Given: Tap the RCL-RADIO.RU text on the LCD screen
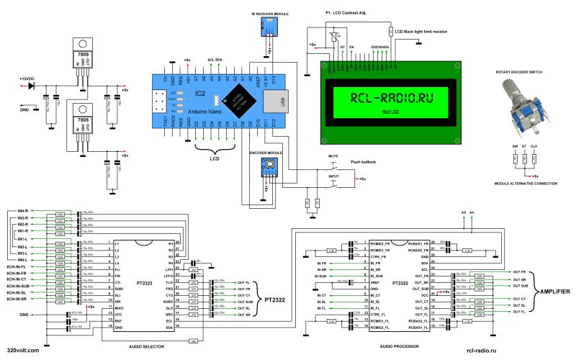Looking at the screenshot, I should tap(391, 99).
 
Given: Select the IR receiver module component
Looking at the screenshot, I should tap(268, 27).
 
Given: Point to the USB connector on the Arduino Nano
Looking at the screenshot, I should tap(284, 102).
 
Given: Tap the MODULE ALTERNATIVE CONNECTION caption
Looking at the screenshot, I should tap(531, 184).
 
